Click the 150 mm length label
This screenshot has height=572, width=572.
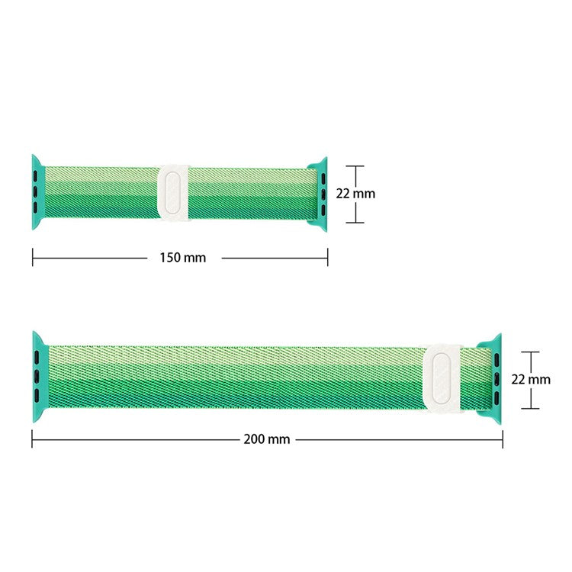point(183,258)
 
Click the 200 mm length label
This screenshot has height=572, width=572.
point(267,439)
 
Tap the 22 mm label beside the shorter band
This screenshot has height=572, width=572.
point(355,194)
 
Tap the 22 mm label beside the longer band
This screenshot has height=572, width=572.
point(531,379)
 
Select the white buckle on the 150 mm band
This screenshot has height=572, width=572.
point(174,194)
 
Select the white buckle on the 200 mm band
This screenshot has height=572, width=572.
point(442,379)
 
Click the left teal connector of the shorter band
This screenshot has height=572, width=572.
point(37,192)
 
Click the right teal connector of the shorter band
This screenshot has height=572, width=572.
point(320,194)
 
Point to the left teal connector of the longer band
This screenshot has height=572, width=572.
point(40,377)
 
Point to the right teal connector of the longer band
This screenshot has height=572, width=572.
point(493,378)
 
